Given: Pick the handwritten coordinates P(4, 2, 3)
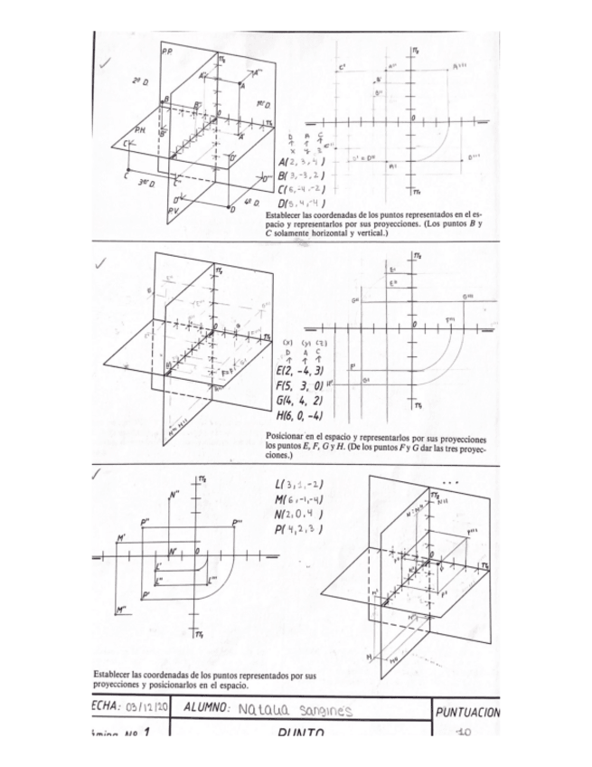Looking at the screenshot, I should pos(297,528).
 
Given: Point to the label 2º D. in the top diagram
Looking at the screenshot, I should pos(139,80).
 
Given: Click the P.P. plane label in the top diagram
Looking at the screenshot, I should pos(168,53).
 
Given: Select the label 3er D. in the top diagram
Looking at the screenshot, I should pos(144,184).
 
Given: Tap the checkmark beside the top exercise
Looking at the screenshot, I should pos(106,61).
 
